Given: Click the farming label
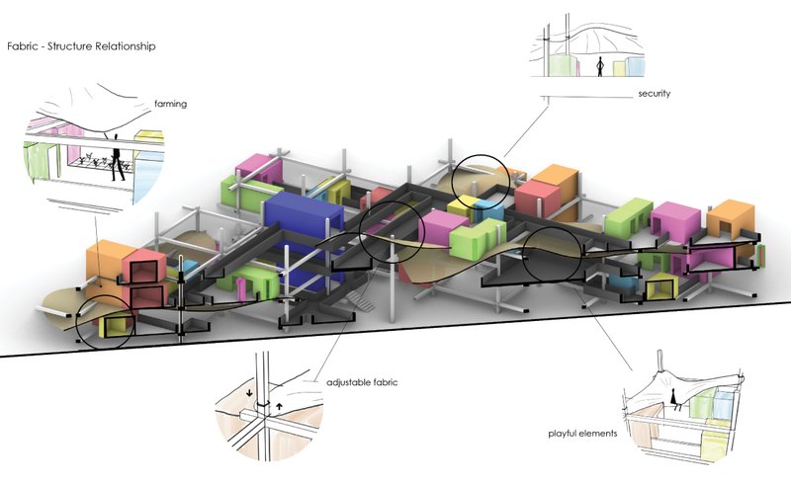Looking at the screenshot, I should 171,103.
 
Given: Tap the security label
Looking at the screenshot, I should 655,93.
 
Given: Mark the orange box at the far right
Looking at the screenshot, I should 730,219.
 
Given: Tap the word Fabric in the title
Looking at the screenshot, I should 22,46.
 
